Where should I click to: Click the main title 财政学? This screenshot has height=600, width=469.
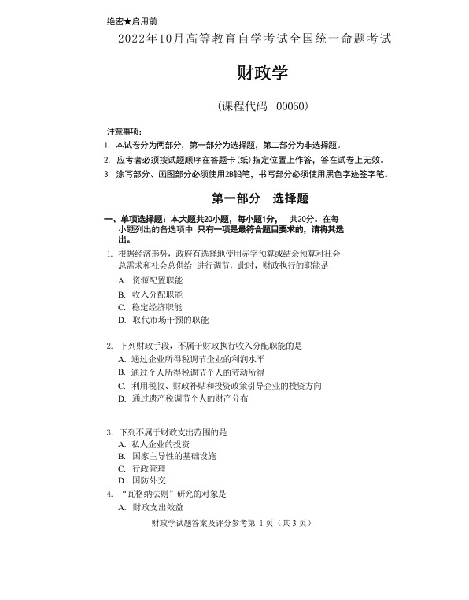(x=263, y=74)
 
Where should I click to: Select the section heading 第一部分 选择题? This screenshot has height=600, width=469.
(x=260, y=198)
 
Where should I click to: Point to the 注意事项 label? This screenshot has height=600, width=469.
(x=124, y=131)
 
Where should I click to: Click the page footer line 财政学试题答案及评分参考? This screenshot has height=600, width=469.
(x=198, y=523)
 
